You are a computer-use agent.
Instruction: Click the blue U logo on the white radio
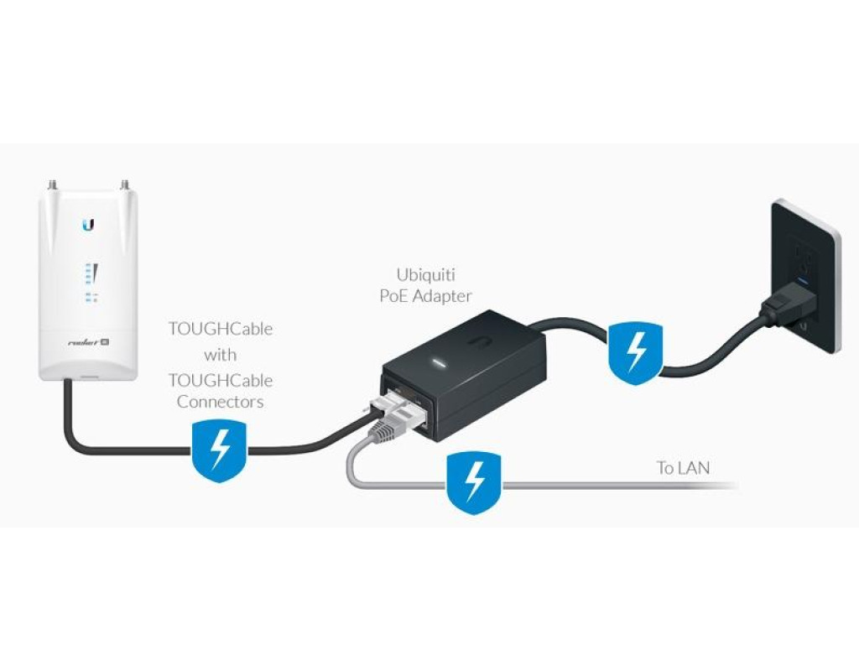click(x=88, y=225)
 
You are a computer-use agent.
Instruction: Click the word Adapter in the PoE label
click(x=441, y=296)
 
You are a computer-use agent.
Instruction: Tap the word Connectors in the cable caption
click(x=221, y=402)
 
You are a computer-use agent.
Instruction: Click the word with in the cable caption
click(x=221, y=355)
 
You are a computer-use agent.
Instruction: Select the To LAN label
click(x=683, y=468)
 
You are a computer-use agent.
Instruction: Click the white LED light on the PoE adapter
click(x=438, y=362)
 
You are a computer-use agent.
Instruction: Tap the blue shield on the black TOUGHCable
click(x=219, y=451)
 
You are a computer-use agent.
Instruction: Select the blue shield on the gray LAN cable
click(x=474, y=483)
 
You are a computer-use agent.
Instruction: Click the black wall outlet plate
click(x=805, y=277)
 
